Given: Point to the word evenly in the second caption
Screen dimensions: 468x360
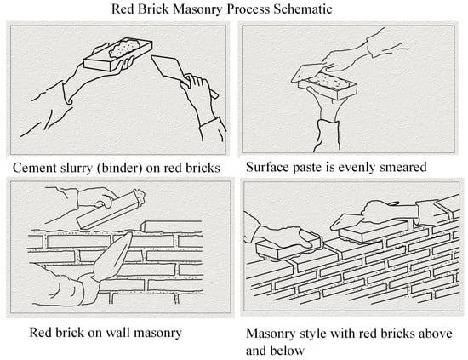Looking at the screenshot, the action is click(x=357, y=167).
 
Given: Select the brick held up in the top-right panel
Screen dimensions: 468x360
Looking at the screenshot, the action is click(x=328, y=87).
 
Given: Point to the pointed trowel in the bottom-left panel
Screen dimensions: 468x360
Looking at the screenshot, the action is click(x=113, y=257).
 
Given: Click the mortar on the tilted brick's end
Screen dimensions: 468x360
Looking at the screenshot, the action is click(x=139, y=196).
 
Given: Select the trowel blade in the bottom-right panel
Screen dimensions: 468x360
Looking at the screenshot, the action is click(x=346, y=222).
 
